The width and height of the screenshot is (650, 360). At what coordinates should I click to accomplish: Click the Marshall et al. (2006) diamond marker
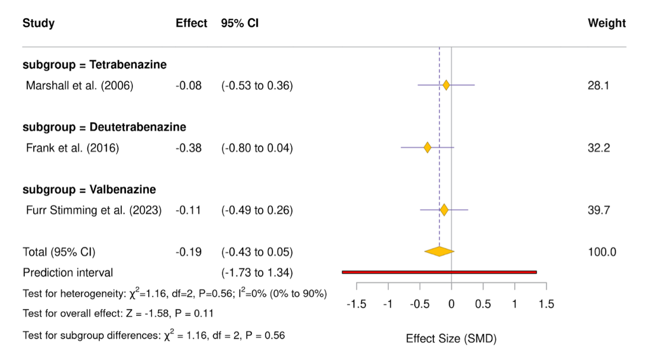click(x=446, y=85)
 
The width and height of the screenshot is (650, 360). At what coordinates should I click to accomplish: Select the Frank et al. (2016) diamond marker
click(x=427, y=148)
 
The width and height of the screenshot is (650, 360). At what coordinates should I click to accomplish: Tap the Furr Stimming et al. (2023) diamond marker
click(x=444, y=210)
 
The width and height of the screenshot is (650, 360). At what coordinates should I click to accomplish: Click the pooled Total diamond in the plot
click(x=439, y=251)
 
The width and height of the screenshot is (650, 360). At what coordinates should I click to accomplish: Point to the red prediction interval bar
click(x=439, y=272)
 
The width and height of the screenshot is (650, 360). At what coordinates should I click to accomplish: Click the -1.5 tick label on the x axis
click(x=356, y=304)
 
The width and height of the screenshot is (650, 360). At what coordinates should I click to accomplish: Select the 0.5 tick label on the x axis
click(x=483, y=304)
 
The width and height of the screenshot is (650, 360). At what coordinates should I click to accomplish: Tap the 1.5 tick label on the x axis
click(x=546, y=304)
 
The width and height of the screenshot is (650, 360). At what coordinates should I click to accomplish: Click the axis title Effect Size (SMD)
click(x=451, y=338)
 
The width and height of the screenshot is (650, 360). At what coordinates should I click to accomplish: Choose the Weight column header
click(x=607, y=23)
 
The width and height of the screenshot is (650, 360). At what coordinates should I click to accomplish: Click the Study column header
click(x=39, y=23)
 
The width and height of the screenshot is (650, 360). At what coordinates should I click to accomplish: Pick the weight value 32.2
click(x=599, y=148)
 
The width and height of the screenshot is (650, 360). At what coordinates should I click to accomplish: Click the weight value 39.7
click(x=599, y=210)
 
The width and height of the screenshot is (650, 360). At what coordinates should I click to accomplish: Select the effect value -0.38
click(x=189, y=148)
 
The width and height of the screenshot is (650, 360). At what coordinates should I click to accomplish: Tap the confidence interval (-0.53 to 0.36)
click(x=257, y=86)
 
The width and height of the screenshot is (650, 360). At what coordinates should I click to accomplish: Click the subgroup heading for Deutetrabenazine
click(x=104, y=127)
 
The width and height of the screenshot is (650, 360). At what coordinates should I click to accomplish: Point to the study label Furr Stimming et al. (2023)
click(x=94, y=210)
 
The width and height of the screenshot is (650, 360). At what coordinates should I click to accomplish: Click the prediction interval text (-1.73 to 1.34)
click(x=257, y=273)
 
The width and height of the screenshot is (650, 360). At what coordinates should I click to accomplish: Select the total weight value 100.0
click(x=602, y=252)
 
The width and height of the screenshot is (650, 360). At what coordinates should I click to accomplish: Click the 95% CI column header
click(x=240, y=23)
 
